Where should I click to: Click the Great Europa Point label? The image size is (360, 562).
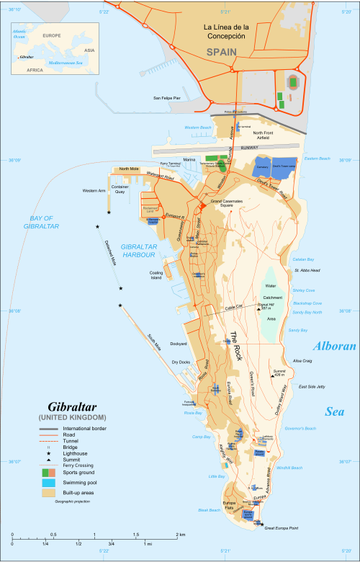283,530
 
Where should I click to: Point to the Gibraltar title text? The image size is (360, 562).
72,406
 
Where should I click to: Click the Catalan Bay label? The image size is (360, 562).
303,259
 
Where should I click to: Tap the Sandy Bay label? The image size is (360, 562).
298,329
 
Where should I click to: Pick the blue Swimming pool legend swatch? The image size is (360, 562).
48,483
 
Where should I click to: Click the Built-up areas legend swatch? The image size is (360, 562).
48,494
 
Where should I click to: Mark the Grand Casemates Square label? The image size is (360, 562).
226,204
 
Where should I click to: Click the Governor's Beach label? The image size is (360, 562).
302,429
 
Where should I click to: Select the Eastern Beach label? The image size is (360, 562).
317,159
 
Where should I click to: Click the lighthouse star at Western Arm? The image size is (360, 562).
109,213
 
